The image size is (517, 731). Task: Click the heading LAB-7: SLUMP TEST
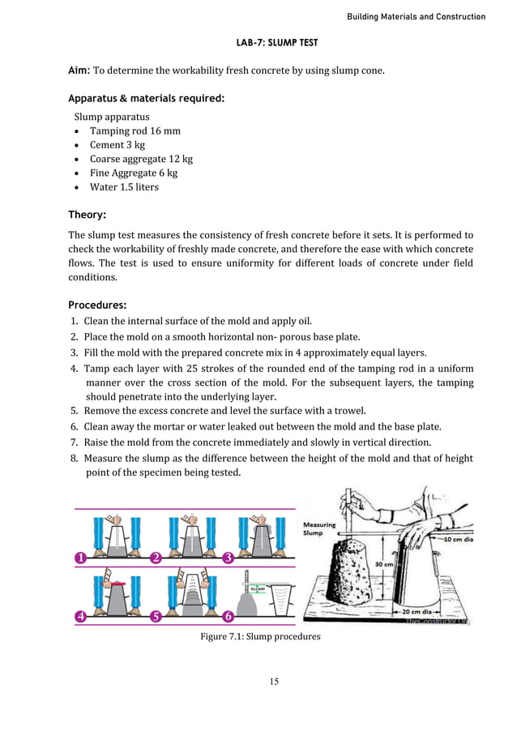(x=258, y=42)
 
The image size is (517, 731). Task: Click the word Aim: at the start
(x=80, y=71)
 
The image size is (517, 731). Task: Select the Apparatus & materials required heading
(x=146, y=99)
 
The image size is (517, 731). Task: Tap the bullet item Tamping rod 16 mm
(x=135, y=130)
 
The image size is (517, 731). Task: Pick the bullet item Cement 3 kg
(x=117, y=145)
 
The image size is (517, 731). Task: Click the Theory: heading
(x=88, y=215)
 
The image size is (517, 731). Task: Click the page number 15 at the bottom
(x=274, y=681)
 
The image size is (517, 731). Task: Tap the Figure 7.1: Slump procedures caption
(x=260, y=636)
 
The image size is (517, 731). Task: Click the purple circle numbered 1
(x=81, y=558)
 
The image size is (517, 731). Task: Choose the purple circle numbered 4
(x=81, y=616)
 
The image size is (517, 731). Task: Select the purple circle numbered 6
(x=228, y=616)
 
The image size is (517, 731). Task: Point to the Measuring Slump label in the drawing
(x=319, y=528)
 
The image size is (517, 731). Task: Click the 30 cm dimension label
(x=383, y=564)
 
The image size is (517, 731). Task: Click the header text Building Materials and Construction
(x=416, y=16)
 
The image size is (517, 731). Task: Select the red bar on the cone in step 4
(x=113, y=582)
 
